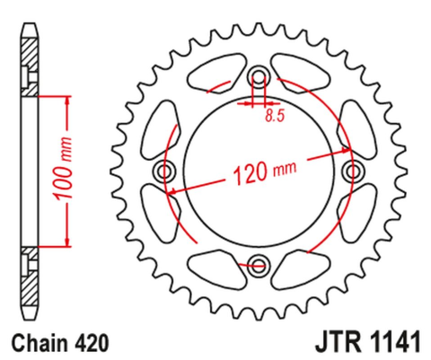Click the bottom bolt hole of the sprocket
coord(259,264)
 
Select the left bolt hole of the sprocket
coord(164,170)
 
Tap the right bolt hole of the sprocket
coord(355,170)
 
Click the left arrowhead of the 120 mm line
coord(171,190)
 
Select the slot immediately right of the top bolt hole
coord(303,73)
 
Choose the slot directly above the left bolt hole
coord(163,127)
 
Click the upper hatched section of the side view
coord(32,67)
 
